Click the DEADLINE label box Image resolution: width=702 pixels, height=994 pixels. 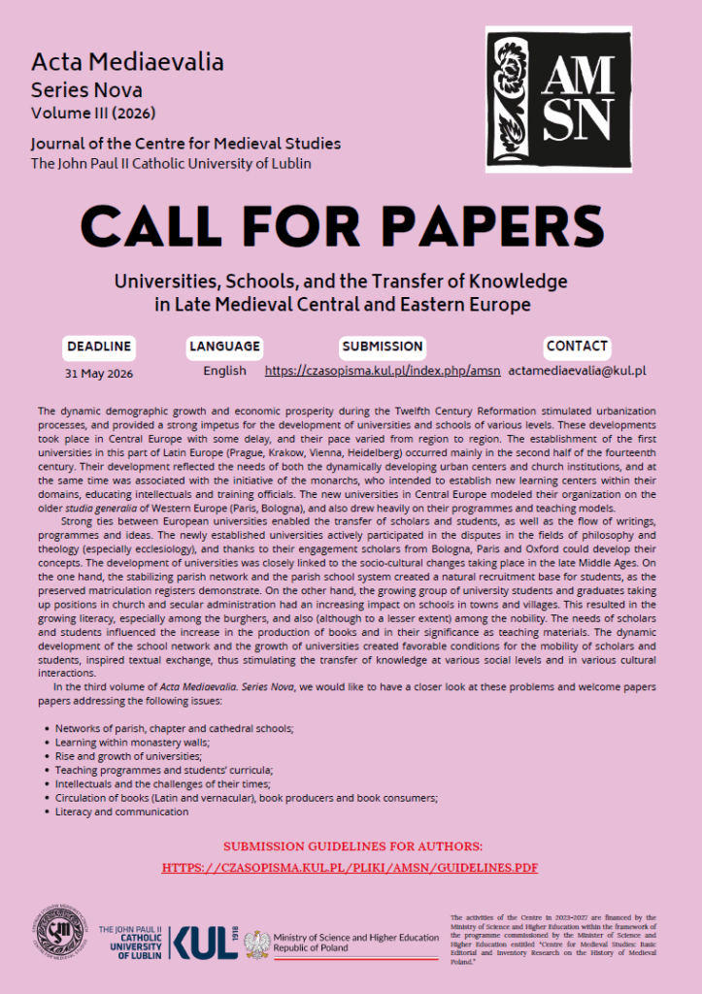pyautogui.click(x=99, y=346)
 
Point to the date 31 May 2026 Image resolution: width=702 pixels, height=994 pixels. pyautogui.click(x=99, y=372)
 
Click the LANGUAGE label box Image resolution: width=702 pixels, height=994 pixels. pyautogui.click(x=224, y=346)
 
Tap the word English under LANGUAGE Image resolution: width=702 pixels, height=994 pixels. pyautogui.click(x=224, y=371)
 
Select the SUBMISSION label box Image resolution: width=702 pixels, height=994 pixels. pyautogui.click(x=382, y=346)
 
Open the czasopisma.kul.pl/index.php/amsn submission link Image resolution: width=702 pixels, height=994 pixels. pyautogui.click(x=383, y=371)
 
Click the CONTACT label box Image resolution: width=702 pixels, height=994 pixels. pyautogui.click(x=577, y=346)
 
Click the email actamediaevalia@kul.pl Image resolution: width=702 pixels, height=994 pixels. pyautogui.click(x=577, y=371)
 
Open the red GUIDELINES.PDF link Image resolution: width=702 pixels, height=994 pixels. pyautogui.click(x=350, y=867)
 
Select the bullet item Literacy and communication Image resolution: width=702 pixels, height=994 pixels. pyautogui.click(x=121, y=812)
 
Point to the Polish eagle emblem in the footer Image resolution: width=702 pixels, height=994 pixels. pyautogui.click(x=257, y=943)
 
